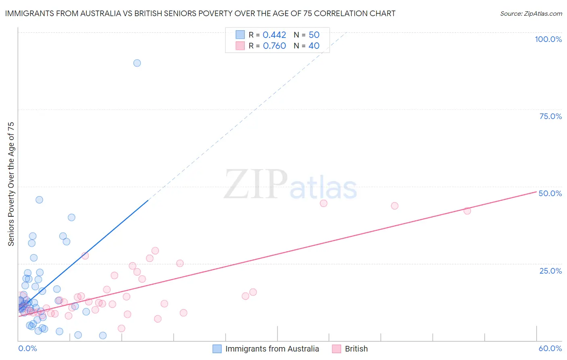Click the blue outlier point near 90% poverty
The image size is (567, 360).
(137, 63)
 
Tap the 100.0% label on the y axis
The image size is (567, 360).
(548, 39)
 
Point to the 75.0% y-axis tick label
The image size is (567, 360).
(550, 116)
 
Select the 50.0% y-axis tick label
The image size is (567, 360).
(550, 193)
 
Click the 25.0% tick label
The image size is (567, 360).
(550, 271)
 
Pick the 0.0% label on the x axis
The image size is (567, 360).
(28, 348)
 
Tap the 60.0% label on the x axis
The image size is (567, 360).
(550, 348)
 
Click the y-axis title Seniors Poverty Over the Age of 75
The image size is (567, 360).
(11, 184)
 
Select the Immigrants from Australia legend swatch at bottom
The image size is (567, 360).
(217, 349)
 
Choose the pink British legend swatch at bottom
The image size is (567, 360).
(337, 349)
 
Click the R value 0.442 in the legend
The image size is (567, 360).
(274, 35)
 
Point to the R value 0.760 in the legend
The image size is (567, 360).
(274, 46)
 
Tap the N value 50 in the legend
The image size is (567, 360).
(314, 35)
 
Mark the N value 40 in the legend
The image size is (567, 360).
(314, 46)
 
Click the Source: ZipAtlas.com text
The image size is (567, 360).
(531, 14)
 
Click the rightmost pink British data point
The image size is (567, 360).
(467, 211)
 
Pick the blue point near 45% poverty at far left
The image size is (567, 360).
(39, 200)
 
